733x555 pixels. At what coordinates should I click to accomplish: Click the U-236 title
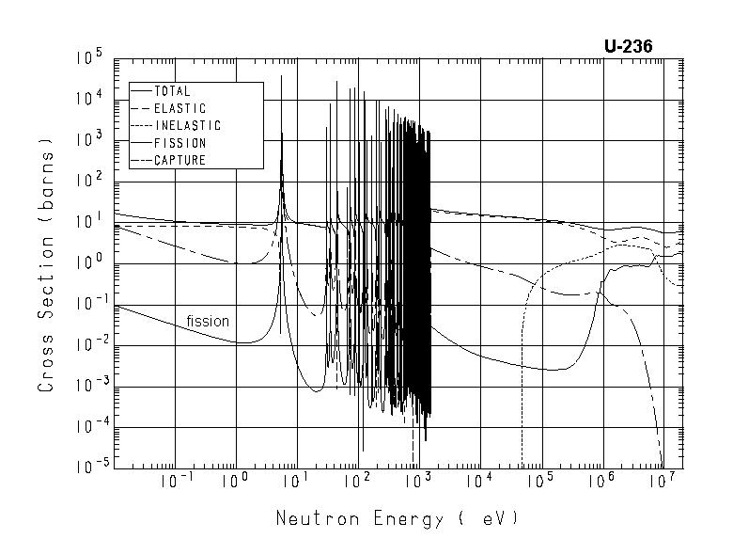pyautogui.click(x=629, y=46)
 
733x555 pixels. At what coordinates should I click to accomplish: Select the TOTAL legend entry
pyautogui.click(x=171, y=91)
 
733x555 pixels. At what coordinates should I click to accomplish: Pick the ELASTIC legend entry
pyautogui.click(x=179, y=108)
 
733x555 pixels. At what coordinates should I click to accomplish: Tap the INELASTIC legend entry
pyautogui.click(x=186, y=125)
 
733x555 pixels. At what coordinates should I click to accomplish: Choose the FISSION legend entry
pyautogui.click(x=179, y=143)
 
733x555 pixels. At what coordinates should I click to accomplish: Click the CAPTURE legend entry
pyautogui.click(x=179, y=160)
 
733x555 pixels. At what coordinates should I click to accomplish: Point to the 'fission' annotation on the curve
pyautogui.click(x=208, y=321)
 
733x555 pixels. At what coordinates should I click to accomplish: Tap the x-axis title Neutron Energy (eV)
pyautogui.click(x=397, y=518)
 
